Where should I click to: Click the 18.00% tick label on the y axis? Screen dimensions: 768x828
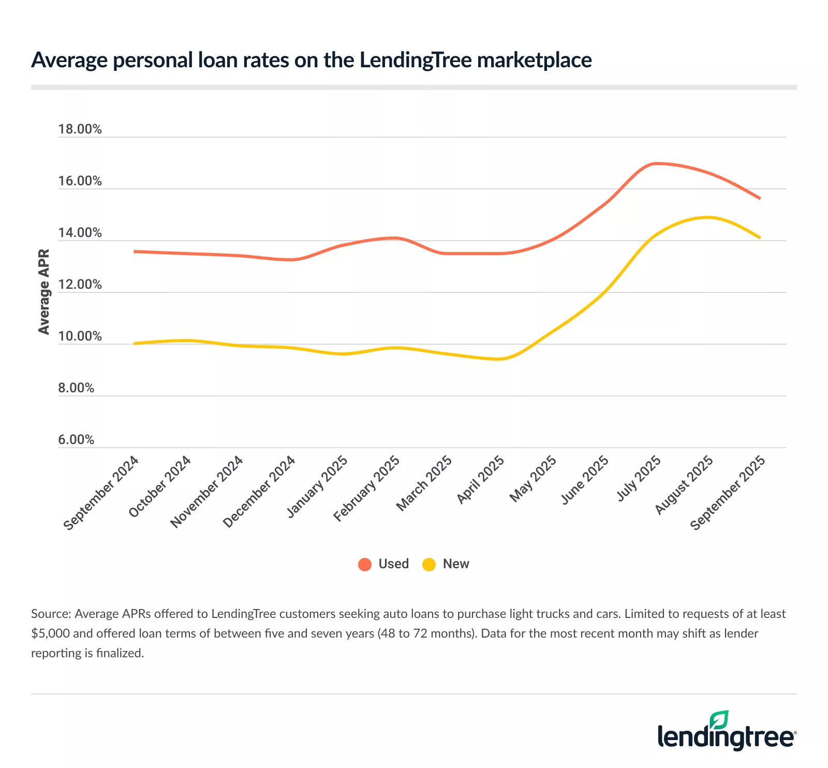[x=80, y=129]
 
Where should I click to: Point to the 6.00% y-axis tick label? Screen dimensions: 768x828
[x=76, y=440]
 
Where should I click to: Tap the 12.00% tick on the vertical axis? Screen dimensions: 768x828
[x=80, y=285]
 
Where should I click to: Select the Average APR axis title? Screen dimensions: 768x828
[x=44, y=292]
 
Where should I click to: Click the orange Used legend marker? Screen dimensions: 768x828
[x=365, y=564]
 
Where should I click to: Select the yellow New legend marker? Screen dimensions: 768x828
[x=429, y=564]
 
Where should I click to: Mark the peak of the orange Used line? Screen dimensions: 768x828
[x=656, y=164]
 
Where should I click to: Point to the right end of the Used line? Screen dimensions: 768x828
[x=760, y=198]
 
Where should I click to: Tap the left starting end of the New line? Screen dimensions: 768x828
[x=135, y=343]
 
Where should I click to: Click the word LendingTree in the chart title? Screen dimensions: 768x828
[x=416, y=60]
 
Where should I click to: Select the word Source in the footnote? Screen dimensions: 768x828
[x=50, y=614]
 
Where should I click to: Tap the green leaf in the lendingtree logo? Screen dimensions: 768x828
[x=719, y=720]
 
